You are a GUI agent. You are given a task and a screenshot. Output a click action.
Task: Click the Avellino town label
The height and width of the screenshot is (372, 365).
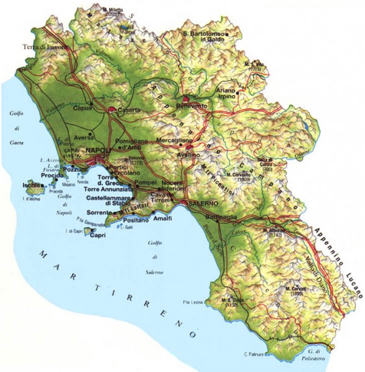click(187, 155)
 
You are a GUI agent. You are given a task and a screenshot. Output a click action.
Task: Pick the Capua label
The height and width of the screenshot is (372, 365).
click(82, 108)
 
